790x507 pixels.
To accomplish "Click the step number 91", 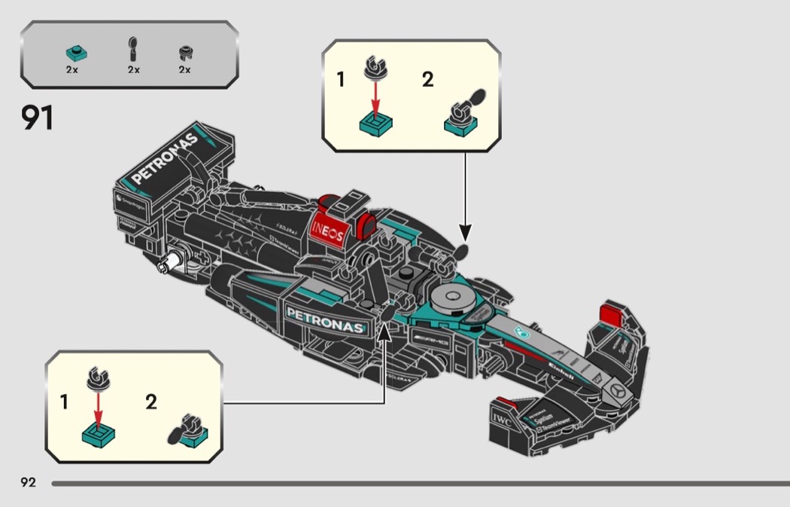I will (x=37, y=118).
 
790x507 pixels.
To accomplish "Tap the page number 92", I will (x=28, y=482).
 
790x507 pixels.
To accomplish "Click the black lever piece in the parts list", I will (x=133, y=49).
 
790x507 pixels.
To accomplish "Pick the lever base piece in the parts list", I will (x=184, y=53).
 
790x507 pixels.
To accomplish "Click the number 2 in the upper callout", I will (x=427, y=79).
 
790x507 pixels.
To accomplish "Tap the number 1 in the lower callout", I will (x=65, y=402).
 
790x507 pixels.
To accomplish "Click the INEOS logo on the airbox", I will (x=328, y=229).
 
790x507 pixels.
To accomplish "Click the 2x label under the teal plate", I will (x=72, y=69).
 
